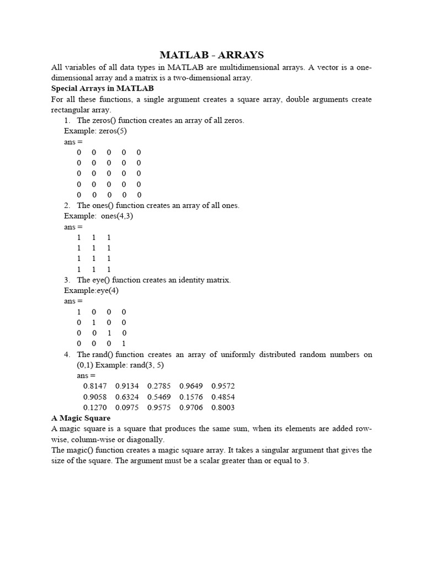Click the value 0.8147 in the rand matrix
coord(94,386)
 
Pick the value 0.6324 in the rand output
coord(126,397)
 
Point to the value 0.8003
coord(222,408)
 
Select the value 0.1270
coord(94,408)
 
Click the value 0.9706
coord(191,408)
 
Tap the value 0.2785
coord(158,386)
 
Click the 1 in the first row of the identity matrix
coord(79,312)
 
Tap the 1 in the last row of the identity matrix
coord(124,344)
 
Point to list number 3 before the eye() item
coord(67,280)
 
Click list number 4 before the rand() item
coord(67,354)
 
